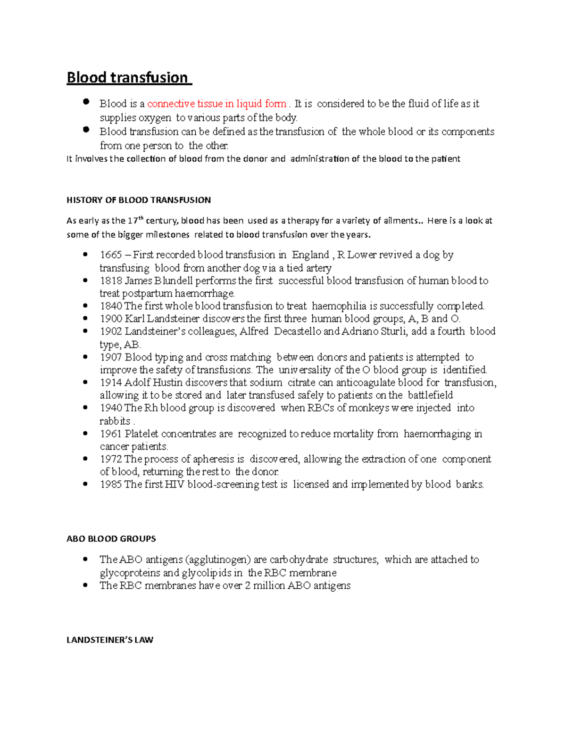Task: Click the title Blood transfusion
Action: [127, 77]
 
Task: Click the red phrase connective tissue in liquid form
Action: [216, 104]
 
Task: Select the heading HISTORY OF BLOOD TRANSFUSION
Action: [139, 200]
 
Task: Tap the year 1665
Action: [111, 255]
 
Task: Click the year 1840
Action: [111, 306]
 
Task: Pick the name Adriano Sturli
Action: [375, 331]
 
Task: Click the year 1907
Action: [111, 357]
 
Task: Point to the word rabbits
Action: [115, 421]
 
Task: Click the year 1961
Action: [111, 434]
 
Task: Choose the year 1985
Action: [111, 485]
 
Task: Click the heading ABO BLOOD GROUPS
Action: [111, 538]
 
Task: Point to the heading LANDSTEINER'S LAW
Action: [110, 640]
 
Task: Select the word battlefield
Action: [430, 395]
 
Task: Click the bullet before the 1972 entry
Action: [85, 458]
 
